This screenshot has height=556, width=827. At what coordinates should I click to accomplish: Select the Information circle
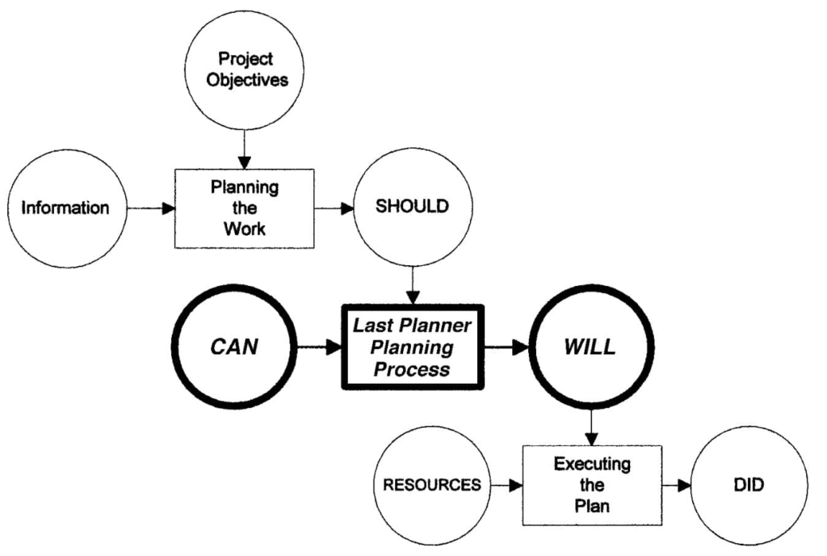(65, 208)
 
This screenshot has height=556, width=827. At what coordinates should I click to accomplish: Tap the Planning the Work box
(245, 208)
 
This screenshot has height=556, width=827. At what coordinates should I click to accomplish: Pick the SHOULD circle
(412, 207)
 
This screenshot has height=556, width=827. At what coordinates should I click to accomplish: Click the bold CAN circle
(233, 347)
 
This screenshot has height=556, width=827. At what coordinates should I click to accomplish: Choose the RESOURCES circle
(432, 486)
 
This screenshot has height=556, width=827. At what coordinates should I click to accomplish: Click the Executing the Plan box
(592, 486)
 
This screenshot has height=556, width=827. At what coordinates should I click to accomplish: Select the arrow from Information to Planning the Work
(153, 208)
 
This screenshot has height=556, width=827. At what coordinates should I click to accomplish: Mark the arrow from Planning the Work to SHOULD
(334, 208)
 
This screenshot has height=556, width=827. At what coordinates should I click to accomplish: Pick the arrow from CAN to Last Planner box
(319, 348)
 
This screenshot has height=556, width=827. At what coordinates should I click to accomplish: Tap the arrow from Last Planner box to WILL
(505, 348)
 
